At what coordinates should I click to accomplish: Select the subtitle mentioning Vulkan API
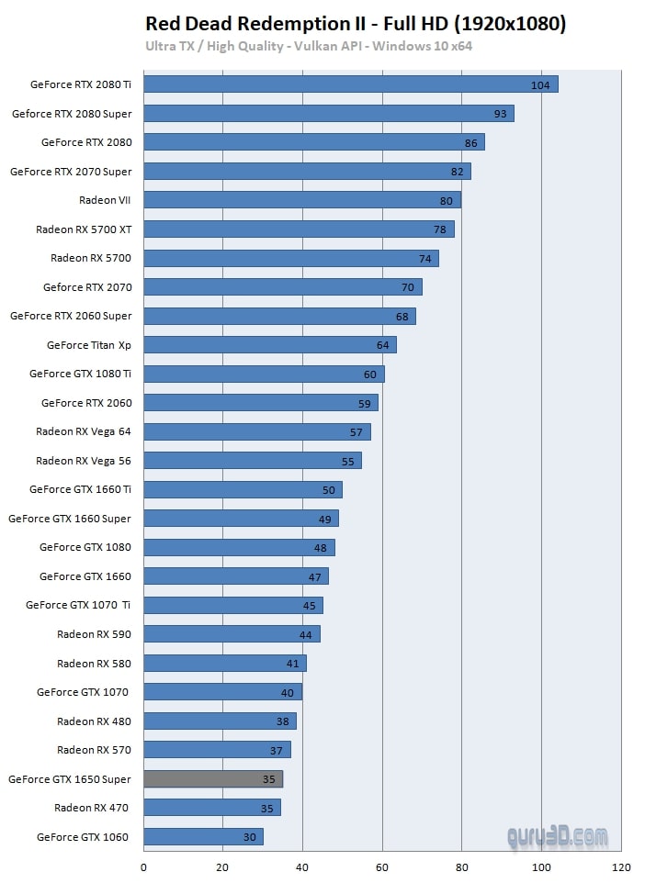[x=308, y=46]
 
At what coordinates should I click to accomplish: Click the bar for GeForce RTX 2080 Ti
[x=349, y=84]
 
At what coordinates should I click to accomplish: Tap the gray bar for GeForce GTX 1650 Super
[x=212, y=779]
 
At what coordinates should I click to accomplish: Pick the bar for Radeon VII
[x=301, y=200]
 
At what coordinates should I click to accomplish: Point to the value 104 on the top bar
[x=540, y=85]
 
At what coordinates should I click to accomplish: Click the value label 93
[x=500, y=114]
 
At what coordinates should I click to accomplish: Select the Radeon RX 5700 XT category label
[x=84, y=229]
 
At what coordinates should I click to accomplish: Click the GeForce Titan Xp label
[x=89, y=345]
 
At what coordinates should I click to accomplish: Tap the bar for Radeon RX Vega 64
[x=256, y=431]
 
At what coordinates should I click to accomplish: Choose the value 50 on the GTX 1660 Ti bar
[x=328, y=490]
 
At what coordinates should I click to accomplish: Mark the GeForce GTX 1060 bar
[x=203, y=837]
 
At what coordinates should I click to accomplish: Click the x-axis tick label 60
[x=382, y=867]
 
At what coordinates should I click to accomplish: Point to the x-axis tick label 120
[x=621, y=867]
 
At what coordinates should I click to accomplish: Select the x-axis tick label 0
[x=143, y=867]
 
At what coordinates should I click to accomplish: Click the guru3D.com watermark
[x=558, y=837]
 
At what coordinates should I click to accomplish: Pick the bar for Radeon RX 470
[x=211, y=808]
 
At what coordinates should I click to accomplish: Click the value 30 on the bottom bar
[x=249, y=837]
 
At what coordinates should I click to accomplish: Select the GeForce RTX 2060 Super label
[x=71, y=316]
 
